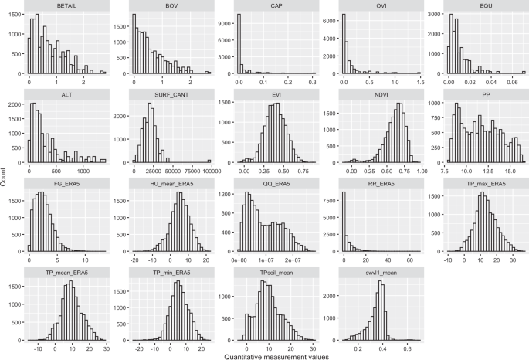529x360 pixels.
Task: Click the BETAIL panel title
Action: (x=66, y=7)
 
